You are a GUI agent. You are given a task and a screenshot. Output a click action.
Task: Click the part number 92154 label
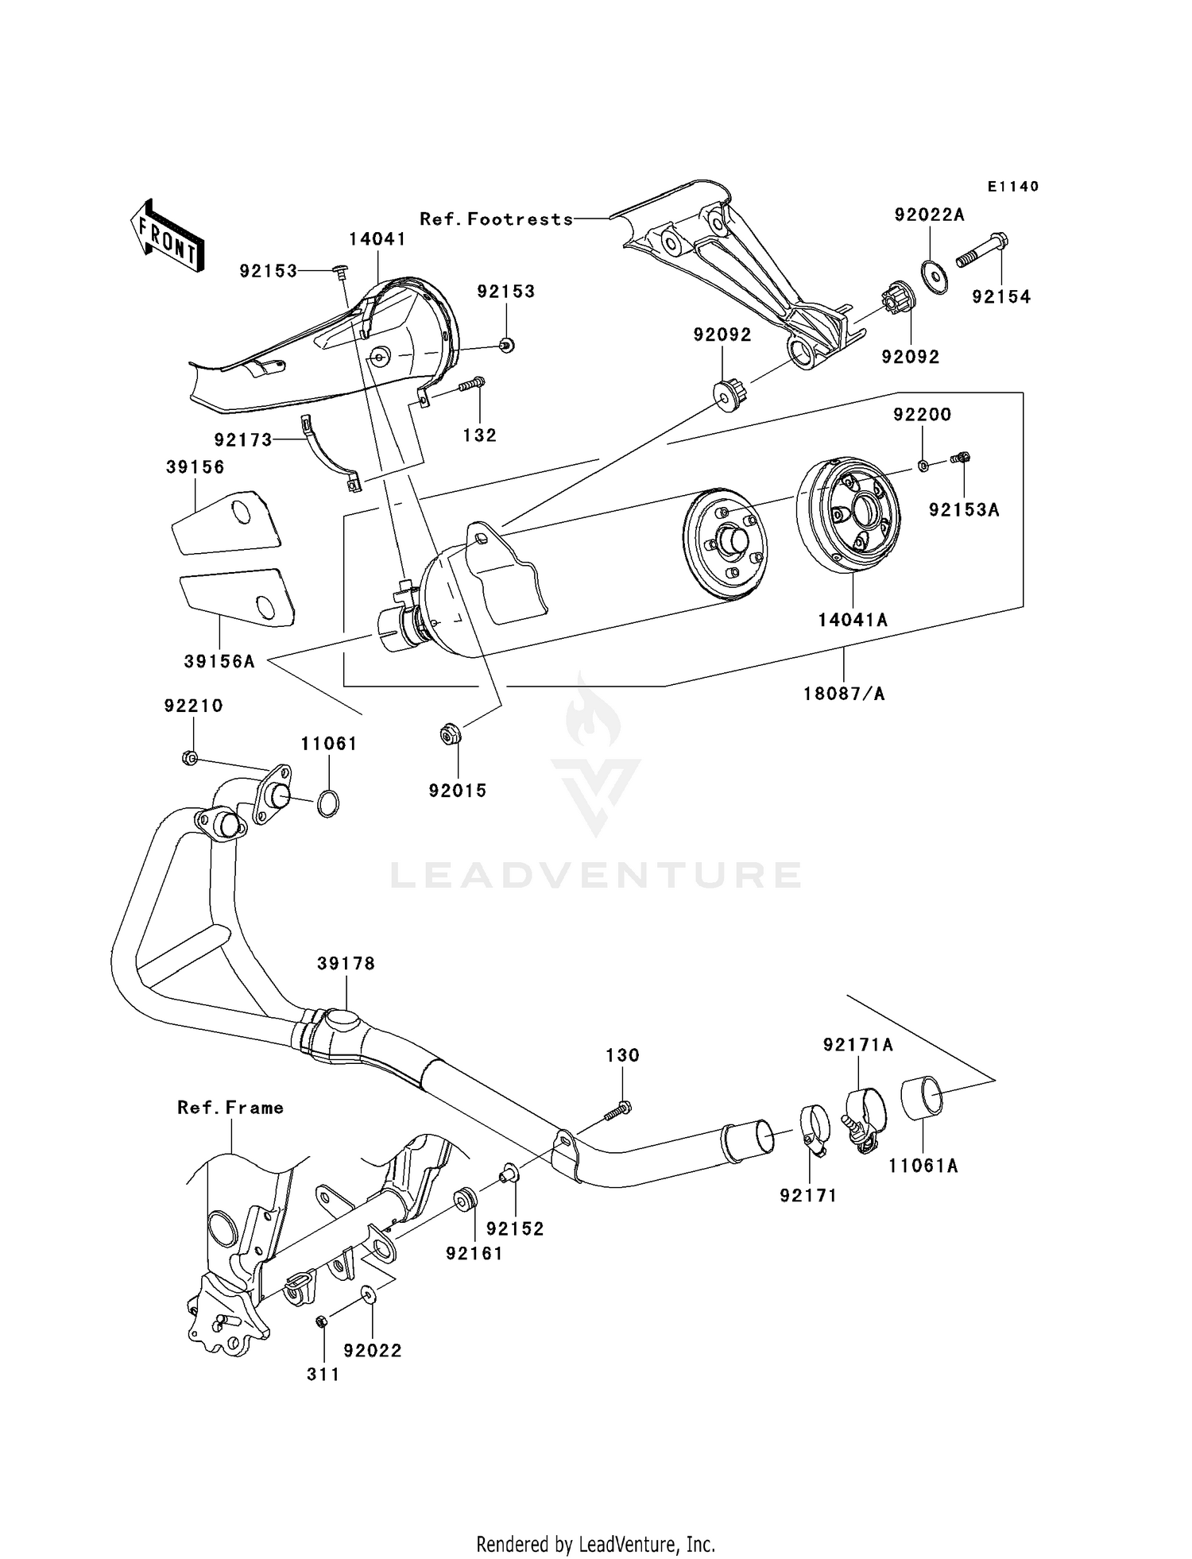coord(1001,296)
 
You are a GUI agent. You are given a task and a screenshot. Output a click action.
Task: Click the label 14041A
coord(853,621)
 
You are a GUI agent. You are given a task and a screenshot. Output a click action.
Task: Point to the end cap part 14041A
coord(849,517)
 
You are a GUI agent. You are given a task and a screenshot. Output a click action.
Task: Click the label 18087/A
coord(843,694)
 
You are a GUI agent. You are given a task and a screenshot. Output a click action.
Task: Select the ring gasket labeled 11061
coord(327,804)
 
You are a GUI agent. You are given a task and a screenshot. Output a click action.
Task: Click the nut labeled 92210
coord(189,758)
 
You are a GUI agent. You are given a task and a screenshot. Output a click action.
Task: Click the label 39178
coord(346,964)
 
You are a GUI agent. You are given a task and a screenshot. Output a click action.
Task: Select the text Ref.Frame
coord(230,1108)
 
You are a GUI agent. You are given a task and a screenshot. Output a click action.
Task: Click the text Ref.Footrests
coord(496,219)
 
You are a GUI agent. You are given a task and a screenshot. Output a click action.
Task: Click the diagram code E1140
coord(1013,187)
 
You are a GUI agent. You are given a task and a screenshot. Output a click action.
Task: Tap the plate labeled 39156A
coord(237,596)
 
